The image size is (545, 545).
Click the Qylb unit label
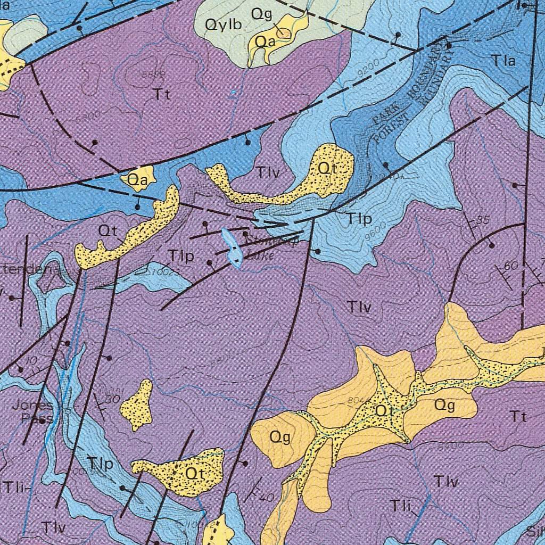pyautogui.click(x=224, y=24)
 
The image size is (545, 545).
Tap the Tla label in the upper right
pyautogui.click(x=503, y=61)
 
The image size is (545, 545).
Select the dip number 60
pyautogui.click(x=510, y=265)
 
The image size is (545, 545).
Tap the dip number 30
pyautogui.click(x=112, y=400)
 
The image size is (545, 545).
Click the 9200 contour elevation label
pyautogui.click(x=368, y=68)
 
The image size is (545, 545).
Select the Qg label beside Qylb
pyautogui.click(x=262, y=14)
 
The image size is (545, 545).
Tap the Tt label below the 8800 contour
pyautogui.click(x=162, y=95)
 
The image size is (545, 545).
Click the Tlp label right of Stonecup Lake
pyautogui.click(x=359, y=219)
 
